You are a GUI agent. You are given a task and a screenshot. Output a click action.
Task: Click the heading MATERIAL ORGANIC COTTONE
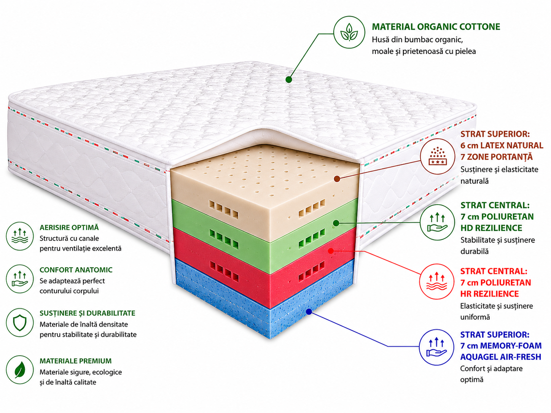coord(436,27)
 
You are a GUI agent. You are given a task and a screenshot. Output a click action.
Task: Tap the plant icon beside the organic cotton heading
coord(349,32)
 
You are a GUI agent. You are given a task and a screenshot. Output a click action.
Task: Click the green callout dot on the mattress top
coord(289,80)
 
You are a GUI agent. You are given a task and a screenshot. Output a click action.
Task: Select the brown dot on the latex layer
coord(337,179)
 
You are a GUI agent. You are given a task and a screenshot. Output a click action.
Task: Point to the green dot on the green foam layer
coord(336,223)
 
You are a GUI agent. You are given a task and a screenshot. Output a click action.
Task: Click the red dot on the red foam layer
coord(331,251)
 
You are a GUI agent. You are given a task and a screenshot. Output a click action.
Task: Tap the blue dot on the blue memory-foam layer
coord(309,312)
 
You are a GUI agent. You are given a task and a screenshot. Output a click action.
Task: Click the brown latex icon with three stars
coord(438,156)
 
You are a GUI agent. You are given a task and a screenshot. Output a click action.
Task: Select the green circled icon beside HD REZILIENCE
coord(437,222)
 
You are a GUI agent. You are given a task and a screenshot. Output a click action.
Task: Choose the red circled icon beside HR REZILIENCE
coord(437,281)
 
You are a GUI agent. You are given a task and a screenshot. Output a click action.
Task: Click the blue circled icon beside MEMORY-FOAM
coord(437,347)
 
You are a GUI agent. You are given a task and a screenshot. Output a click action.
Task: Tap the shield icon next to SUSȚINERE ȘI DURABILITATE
coord(20,322)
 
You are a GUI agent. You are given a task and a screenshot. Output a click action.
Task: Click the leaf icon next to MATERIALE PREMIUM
coord(20,370)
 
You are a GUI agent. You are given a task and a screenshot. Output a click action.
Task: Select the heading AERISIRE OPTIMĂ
coord(69,227)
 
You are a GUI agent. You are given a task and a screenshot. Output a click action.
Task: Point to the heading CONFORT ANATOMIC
coord(76,270)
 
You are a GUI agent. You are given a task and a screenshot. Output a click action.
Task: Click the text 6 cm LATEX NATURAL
coord(502,145)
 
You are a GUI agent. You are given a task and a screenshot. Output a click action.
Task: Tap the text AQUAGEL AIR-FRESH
coord(500,357)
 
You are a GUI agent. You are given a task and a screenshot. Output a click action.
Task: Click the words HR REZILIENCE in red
coord(489,294)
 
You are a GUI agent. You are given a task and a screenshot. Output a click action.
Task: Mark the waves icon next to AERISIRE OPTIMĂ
coord(20,236)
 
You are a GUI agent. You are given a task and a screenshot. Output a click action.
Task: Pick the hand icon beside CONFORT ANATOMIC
coord(20,279)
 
